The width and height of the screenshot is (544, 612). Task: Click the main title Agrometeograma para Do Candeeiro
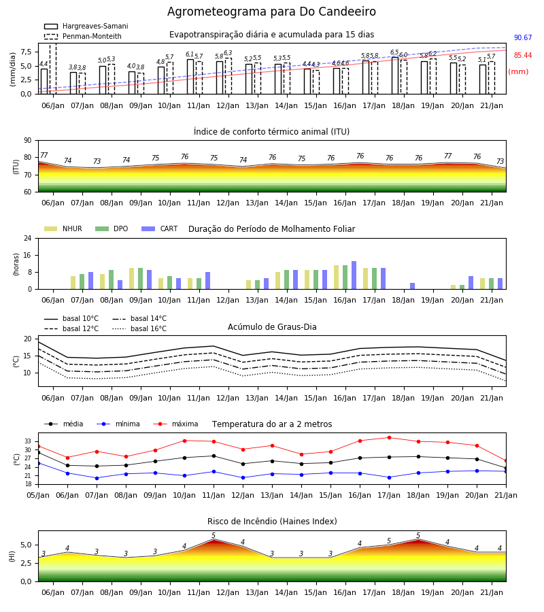click(271, 12)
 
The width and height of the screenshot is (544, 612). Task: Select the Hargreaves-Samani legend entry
click(86, 26)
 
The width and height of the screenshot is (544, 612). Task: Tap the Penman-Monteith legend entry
click(83, 36)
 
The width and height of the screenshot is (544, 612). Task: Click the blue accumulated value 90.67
click(523, 38)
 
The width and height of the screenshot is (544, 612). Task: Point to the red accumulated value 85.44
click(523, 56)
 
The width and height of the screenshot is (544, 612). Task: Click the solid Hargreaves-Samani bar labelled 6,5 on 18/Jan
click(395, 75)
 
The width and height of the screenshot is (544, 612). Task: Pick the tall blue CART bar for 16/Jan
click(354, 275)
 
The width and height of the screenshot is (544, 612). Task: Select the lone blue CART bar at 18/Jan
click(413, 286)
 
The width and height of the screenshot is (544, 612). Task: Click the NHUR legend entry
click(63, 228)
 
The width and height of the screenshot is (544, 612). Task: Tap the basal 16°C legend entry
click(139, 328)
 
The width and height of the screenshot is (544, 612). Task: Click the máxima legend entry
click(175, 424)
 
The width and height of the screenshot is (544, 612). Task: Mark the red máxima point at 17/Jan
click(389, 437)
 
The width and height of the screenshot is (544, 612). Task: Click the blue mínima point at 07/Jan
click(97, 478)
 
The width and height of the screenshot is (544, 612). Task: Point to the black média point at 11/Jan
click(214, 456)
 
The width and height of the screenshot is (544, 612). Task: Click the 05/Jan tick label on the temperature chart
click(38, 495)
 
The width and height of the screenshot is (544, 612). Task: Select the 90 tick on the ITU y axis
click(28, 141)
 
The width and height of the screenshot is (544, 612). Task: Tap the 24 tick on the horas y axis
click(28, 238)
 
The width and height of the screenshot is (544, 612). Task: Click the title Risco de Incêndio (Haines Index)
click(272, 522)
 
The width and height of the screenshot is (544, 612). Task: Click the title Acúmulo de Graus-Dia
click(272, 327)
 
